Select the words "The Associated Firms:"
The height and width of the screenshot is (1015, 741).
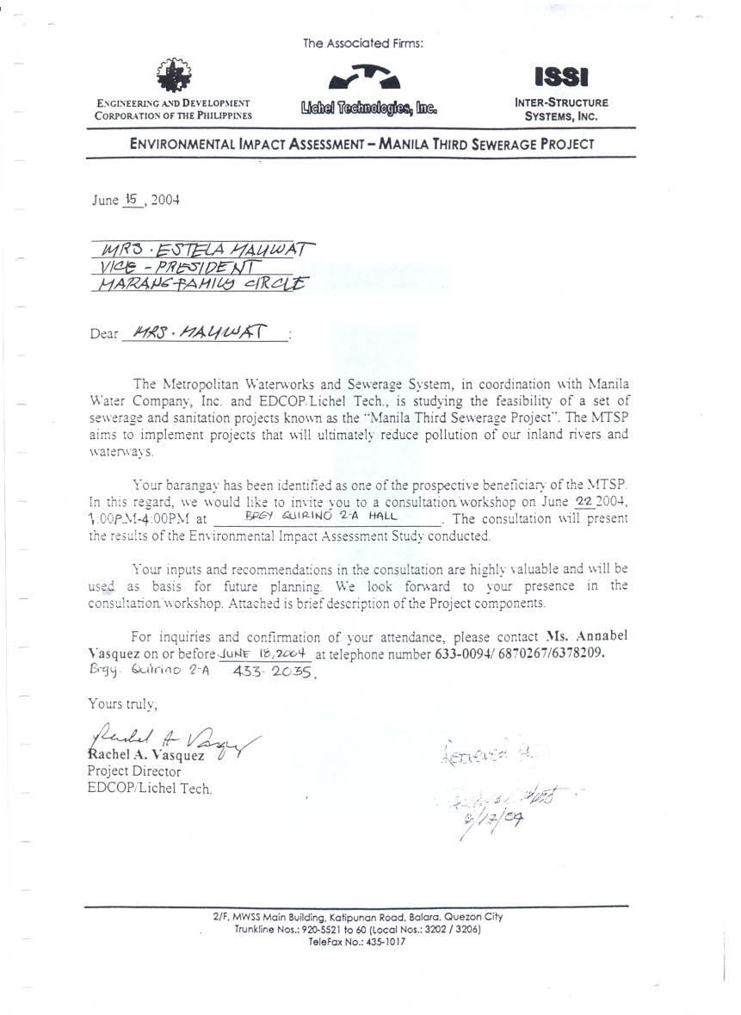click(363, 42)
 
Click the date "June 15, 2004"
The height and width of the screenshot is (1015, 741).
click(136, 200)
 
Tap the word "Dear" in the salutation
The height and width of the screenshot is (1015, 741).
click(103, 334)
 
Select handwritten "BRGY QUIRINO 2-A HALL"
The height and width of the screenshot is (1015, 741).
click(318, 518)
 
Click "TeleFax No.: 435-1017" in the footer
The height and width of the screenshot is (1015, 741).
click(356, 943)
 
